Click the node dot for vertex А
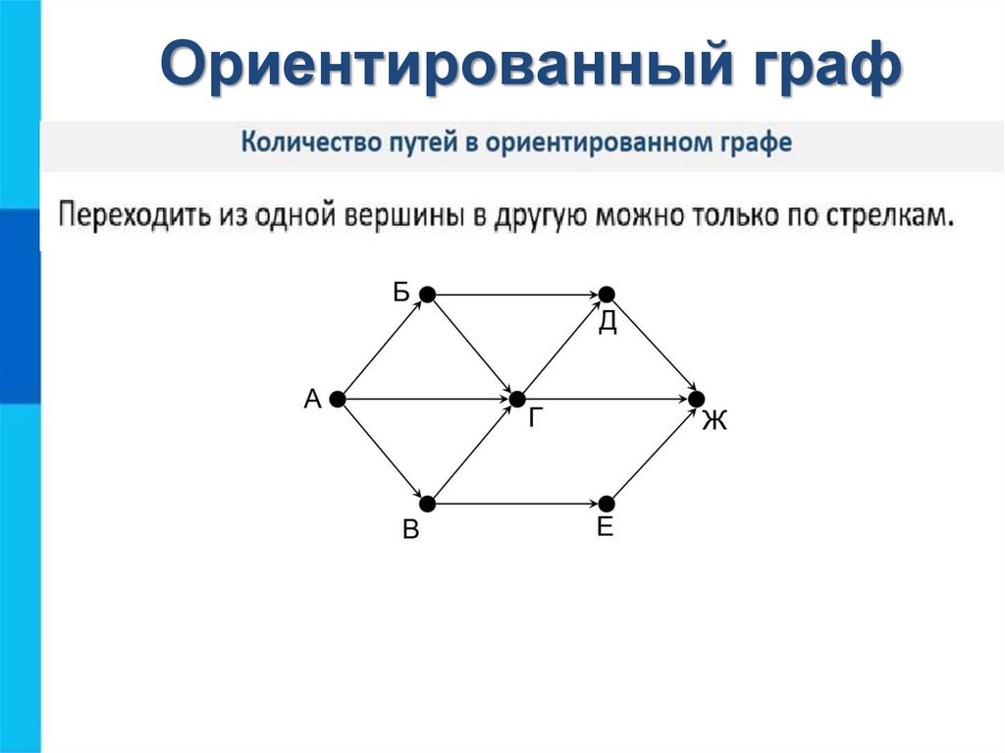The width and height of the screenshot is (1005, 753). pyautogui.click(x=337, y=400)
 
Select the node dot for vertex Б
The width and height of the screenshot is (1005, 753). pyautogui.click(x=427, y=294)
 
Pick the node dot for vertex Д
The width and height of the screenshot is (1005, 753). pyautogui.click(x=607, y=294)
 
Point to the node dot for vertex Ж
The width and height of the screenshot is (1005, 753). pyautogui.click(x=697, y=400)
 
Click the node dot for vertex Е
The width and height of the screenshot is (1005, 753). pyautogui.click(x=607, y=505)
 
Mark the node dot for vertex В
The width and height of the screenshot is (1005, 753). pyautogui.click(x=427, y=505)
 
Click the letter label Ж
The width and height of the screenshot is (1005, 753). pyautogui.click(x=714, y=422)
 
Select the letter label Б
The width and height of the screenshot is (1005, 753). pyautogui.click(x=401, y=292)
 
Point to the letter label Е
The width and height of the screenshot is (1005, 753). pyautogui.click(x=605, y=528)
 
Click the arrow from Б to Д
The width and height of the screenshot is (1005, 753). pyautogui.click(x=516, y=294)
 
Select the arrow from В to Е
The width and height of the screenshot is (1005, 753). pyautogui.click(x=516, y=505)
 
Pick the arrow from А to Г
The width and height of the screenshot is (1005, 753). pyautogui.click(x=426, y=400)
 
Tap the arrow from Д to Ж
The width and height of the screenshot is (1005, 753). pyautogui.click(x=652, y=347)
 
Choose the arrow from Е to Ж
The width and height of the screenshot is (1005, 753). pyautogui.click(x=652, y=453)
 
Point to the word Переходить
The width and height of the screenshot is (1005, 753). pyautogui.click(x=135, y=215)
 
